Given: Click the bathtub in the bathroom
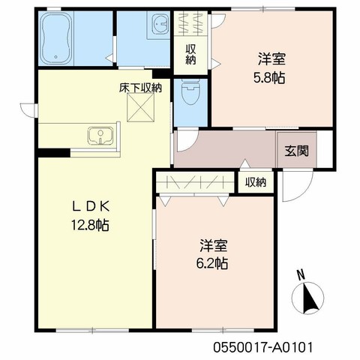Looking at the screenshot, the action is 56,38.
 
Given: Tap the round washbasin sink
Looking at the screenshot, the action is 160,23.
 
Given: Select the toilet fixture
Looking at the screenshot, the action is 190,92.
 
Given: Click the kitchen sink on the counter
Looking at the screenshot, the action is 100,136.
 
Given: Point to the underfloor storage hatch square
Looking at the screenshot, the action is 140,107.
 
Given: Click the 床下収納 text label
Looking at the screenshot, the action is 140,88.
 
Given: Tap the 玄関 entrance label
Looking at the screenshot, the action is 297,151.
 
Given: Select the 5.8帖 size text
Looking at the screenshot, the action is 269,78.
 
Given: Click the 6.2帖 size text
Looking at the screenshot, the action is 211,263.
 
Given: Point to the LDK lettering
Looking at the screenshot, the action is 91,207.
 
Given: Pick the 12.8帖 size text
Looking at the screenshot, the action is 90,225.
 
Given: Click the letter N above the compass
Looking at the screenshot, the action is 301,275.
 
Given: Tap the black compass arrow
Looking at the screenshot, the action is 310,298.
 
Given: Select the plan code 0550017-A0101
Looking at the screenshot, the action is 263,347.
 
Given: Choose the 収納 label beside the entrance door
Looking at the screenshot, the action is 256,182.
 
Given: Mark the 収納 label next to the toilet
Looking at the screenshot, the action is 190,55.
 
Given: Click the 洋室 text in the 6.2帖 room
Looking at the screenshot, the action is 213,245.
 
